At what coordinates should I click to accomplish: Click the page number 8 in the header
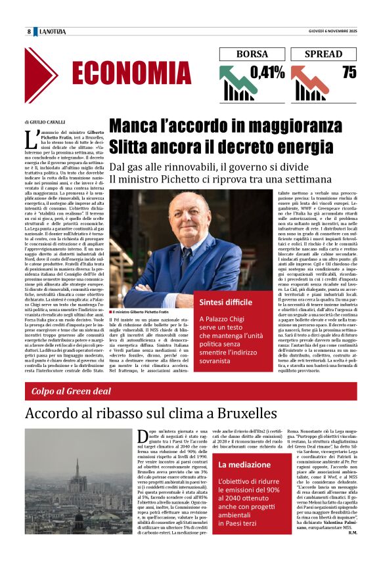29,32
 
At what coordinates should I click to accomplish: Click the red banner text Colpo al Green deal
71,392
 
